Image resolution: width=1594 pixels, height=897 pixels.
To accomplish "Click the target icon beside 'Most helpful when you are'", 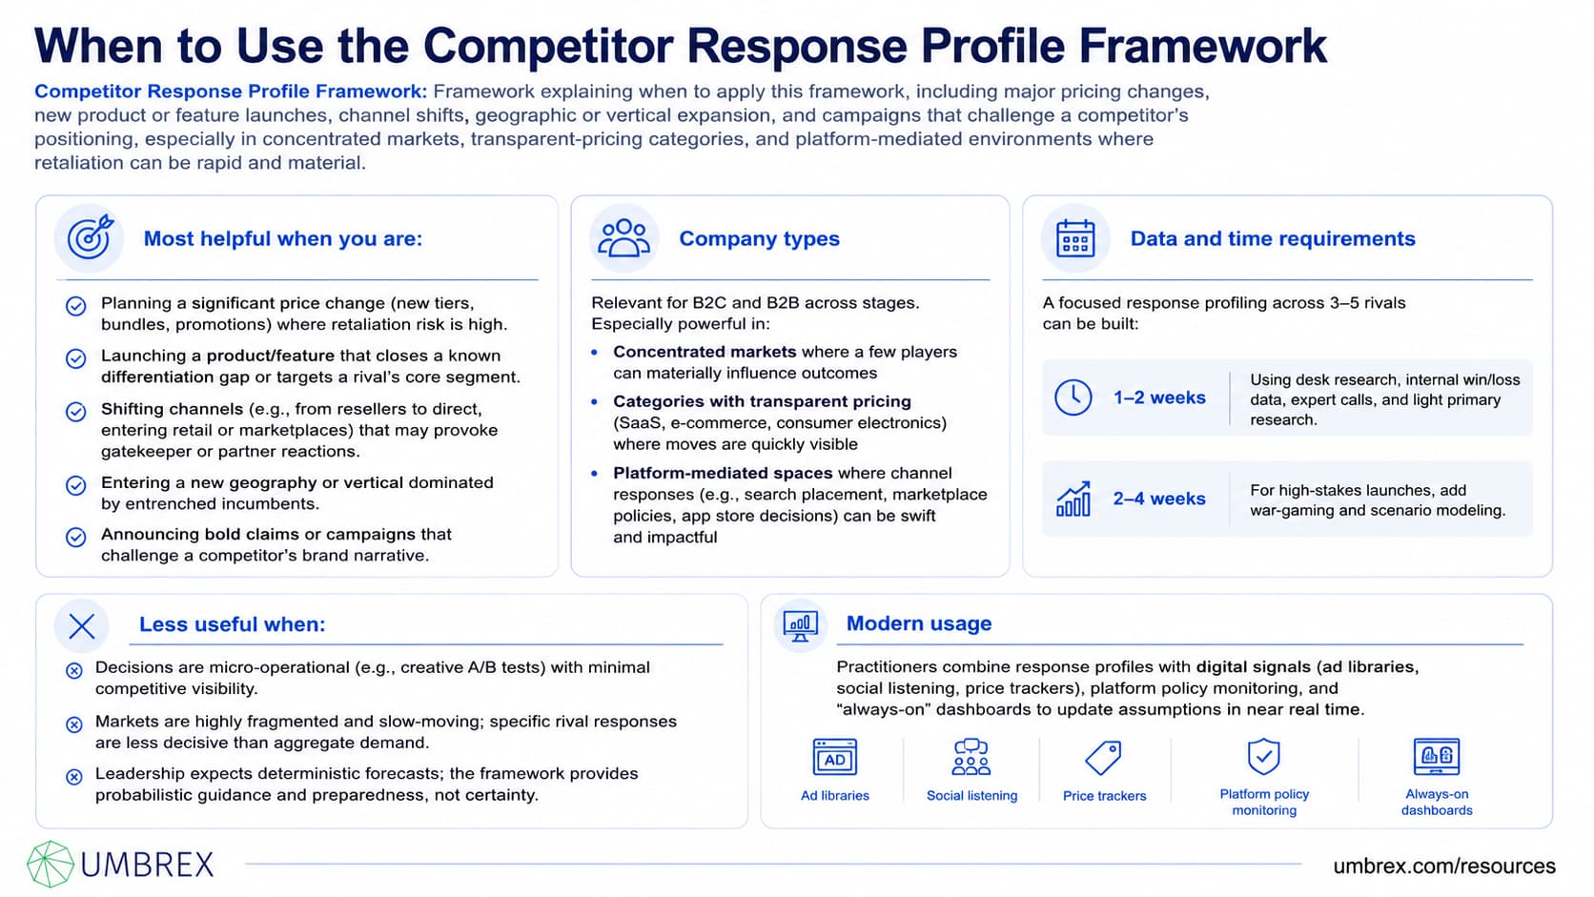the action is pos(90,236).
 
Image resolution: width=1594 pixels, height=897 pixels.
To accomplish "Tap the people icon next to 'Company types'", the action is pos(624,237).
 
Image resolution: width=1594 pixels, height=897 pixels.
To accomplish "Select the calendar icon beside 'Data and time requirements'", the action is pos(1075,237).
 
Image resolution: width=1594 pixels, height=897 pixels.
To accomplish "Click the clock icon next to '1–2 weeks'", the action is pos(1073,397).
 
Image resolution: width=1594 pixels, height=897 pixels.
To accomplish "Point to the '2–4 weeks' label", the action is pos(1159,499).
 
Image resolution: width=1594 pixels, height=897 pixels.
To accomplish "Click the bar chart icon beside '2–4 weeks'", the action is pos(1073,498).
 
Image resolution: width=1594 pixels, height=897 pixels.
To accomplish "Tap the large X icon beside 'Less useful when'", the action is pos(82,626).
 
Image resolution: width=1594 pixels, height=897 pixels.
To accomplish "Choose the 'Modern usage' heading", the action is pos(919,623).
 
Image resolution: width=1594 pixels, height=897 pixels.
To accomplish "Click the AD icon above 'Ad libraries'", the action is pos(835,757).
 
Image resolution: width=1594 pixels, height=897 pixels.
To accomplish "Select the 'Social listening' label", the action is pos(971,795).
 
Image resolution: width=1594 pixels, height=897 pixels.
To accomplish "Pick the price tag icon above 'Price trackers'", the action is pos(1103,757).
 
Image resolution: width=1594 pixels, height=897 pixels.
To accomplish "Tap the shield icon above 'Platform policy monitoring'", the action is pos(1264,755).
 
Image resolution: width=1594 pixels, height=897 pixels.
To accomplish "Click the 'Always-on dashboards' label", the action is pos(1437,802).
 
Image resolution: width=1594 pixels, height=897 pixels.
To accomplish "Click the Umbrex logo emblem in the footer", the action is pos(51,865).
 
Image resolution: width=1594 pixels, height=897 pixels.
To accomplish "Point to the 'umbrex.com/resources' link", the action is pos(1444,866).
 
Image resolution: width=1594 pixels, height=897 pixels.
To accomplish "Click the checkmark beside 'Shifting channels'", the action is pos(76,412).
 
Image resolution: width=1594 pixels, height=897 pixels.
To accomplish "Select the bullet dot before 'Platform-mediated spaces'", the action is pos(595,473).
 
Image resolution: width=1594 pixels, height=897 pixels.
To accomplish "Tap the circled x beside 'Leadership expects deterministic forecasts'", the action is pos(74,776).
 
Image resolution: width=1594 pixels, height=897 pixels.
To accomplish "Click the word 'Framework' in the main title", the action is pos(1202,46).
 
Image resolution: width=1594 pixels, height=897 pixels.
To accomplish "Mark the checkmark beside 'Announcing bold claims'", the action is pos(76,537).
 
